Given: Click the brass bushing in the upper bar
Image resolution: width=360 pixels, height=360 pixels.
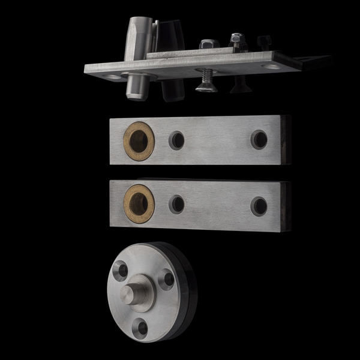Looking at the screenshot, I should pos(139,141).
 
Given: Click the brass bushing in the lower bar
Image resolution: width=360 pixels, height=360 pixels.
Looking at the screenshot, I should pos(139,201).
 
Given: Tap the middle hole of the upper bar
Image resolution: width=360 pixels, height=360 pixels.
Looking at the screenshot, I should pos(176,140).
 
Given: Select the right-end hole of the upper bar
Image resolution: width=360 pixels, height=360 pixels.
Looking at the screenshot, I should pos(259,139).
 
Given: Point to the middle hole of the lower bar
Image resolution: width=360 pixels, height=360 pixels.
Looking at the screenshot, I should pos(177,204).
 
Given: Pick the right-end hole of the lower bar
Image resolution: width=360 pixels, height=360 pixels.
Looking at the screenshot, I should pos(259,206).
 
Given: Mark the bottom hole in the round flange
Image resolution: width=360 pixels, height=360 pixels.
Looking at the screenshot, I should pos(139,327).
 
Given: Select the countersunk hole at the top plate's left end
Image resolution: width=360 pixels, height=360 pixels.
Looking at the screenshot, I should pos(112,77).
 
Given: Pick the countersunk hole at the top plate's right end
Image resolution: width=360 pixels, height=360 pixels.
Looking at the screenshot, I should pos(273,66).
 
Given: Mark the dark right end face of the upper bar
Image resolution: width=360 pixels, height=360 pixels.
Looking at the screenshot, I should pos(286,140).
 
